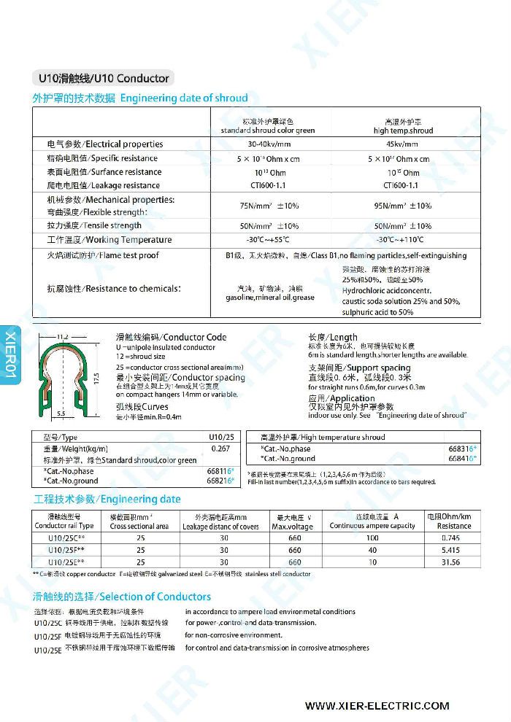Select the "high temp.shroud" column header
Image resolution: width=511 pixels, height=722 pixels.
pos(403,131)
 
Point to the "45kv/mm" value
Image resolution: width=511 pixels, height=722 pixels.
pos(403,144)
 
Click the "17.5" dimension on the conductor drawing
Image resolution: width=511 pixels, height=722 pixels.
pos(96,379)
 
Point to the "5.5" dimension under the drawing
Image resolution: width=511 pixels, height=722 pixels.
pos(61,414)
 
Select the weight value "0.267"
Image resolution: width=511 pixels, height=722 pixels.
pos(220,449)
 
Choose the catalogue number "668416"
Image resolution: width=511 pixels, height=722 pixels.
pos(461,459)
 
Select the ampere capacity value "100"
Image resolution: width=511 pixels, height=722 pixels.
pos(372,537)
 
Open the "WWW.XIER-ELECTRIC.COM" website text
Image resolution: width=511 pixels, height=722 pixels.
pos(377,706)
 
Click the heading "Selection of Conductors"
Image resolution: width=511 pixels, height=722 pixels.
pos(123,597)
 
